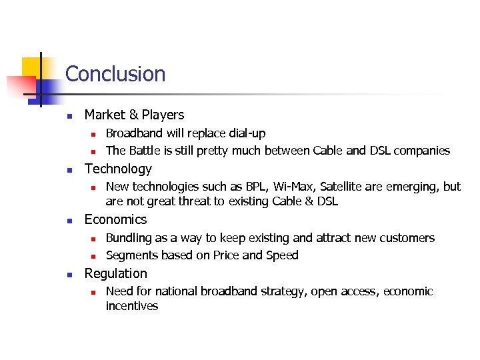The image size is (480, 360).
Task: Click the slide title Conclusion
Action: pos(115,74)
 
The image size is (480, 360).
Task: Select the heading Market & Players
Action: pos(134,115)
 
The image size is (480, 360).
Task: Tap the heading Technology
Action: pos(118,169)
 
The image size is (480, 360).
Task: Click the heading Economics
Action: pos(115,220)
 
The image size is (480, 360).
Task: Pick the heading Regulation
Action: pos(115,273)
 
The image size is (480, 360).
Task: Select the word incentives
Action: pos(132,306)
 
